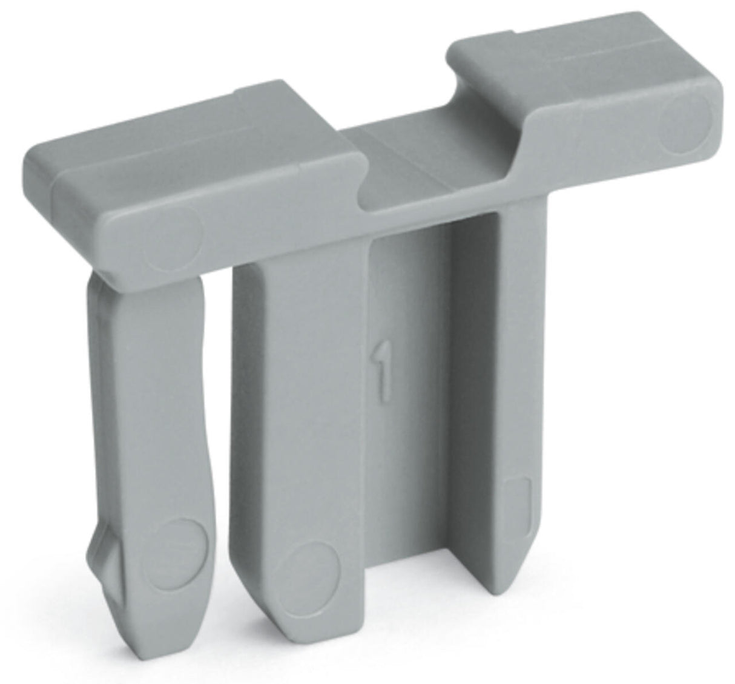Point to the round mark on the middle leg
pos(314,575)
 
